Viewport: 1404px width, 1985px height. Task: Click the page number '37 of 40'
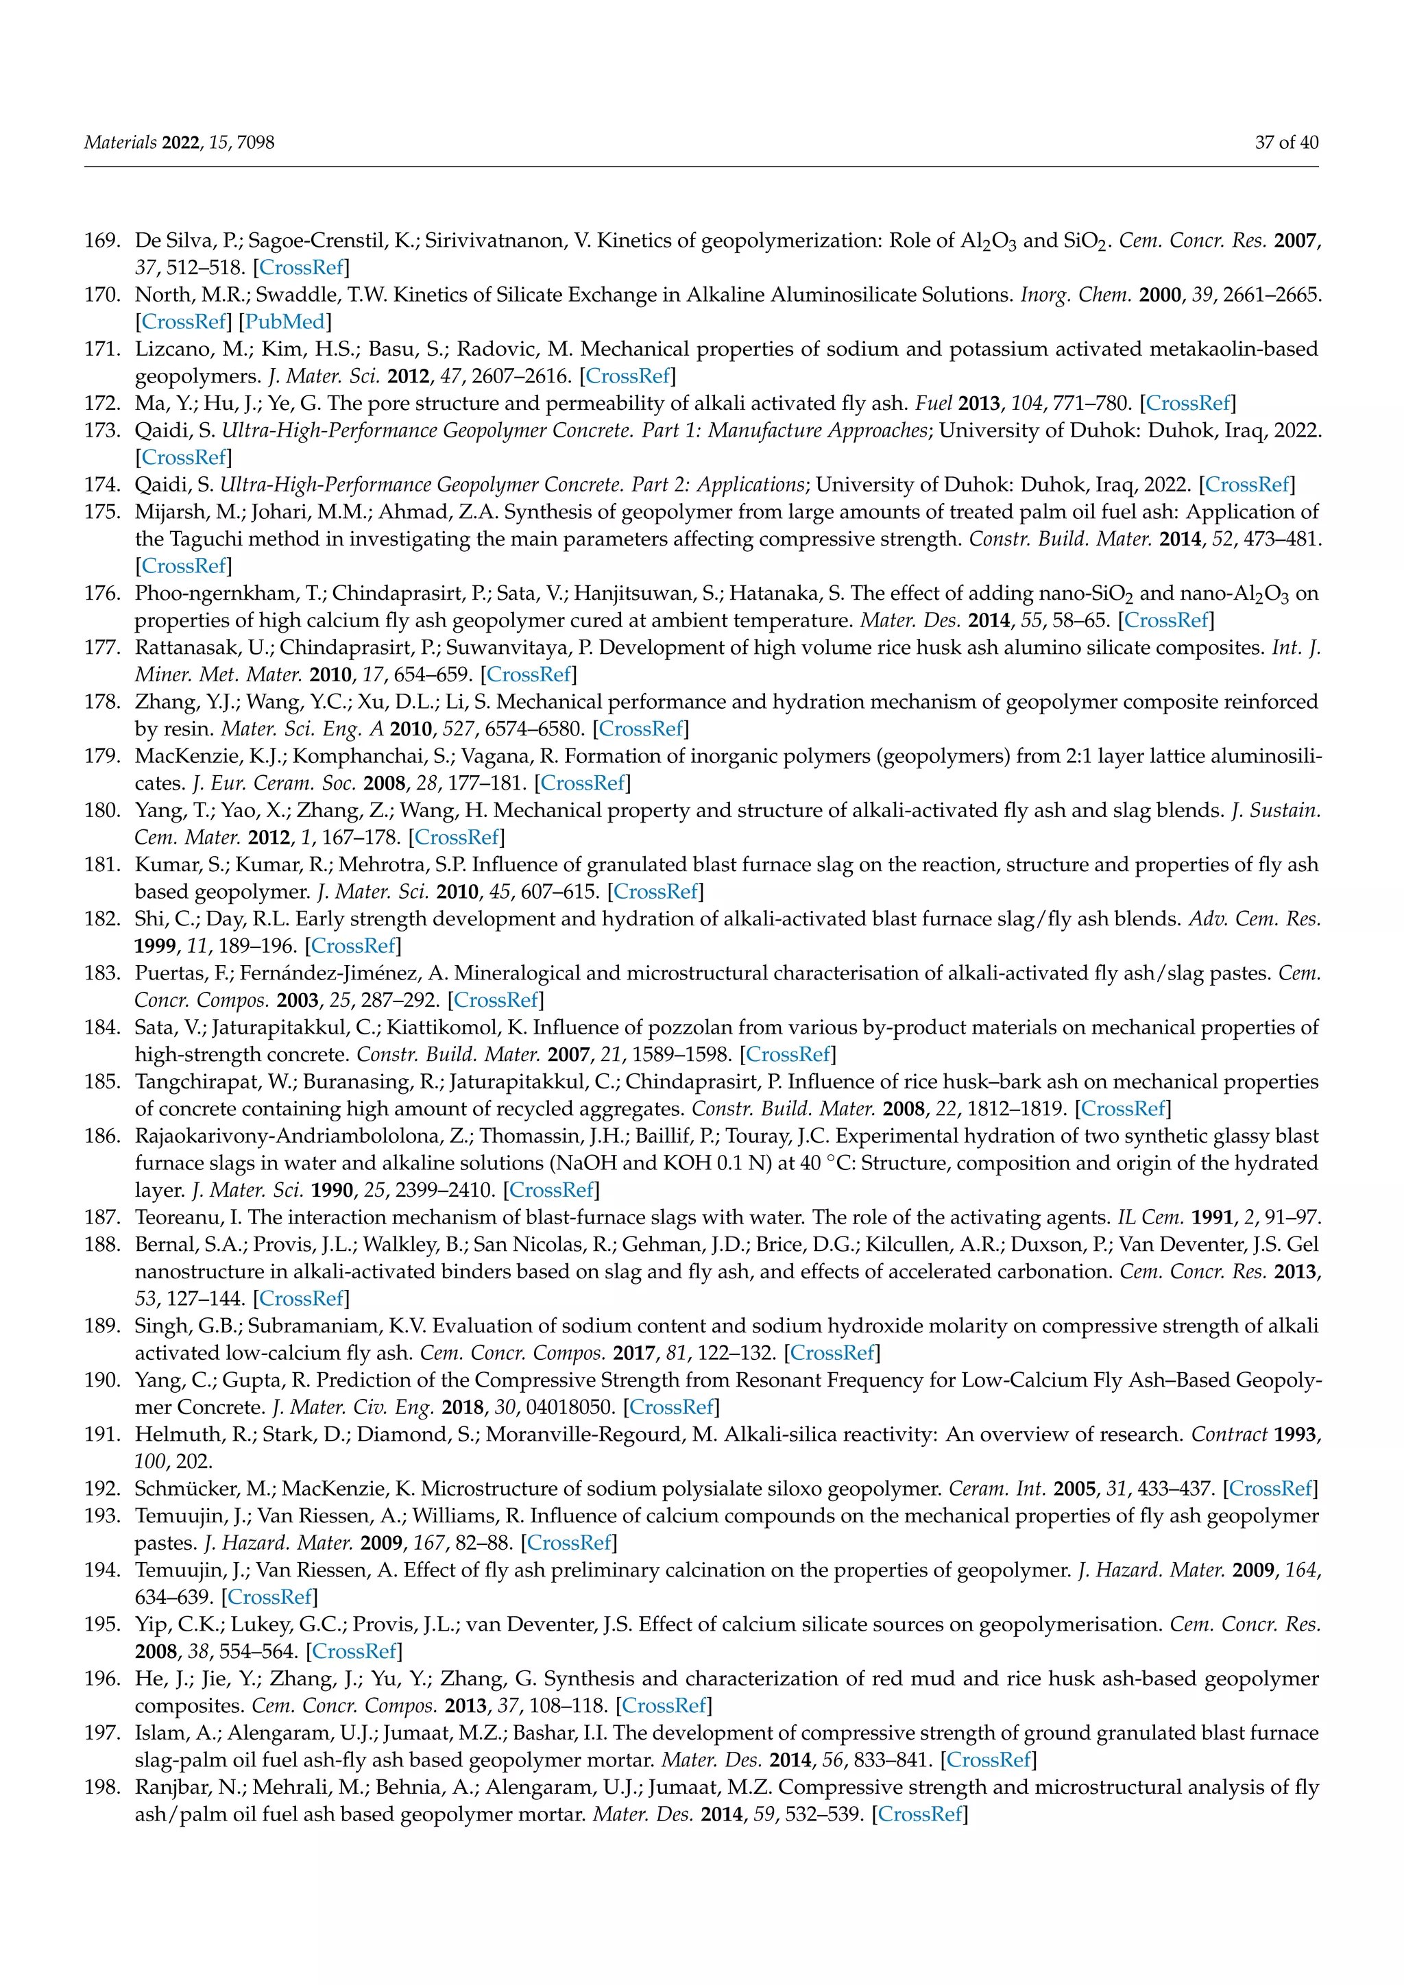tap(1286, 143)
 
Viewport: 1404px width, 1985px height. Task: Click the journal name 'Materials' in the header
tap(120, 143)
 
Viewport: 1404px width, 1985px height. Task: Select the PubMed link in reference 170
tap(285, 321)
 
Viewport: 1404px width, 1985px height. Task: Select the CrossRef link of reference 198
tap(921, 1814)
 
